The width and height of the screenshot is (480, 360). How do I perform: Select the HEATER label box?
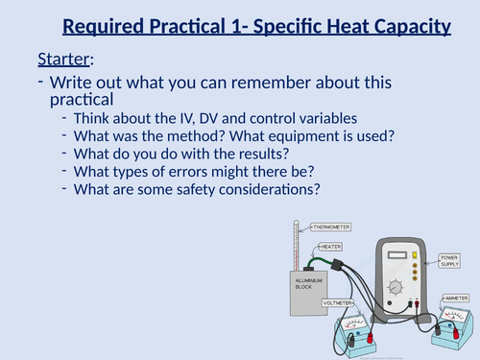(332, 246)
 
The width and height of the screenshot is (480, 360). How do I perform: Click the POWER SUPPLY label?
(450, 262)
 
